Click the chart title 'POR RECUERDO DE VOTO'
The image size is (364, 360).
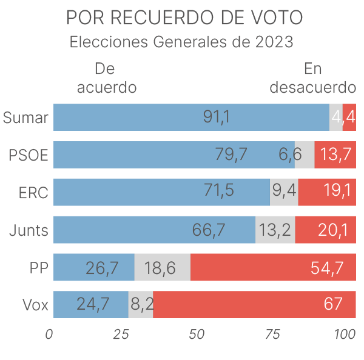pos(183,18)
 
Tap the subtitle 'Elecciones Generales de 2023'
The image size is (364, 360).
pos(182,43)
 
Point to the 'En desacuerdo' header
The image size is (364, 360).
pos(312,78)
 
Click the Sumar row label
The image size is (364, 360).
pos(25,118)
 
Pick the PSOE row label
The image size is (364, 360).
pos(29,155)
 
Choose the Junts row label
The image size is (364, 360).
pos(29,230)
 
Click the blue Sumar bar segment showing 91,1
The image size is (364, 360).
pos(191,118)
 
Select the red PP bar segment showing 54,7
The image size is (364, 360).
pos(273,267)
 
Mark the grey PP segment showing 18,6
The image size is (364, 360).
pos(162,267)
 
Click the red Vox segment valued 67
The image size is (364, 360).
pos(255,304)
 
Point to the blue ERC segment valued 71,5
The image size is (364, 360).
pos(161,192)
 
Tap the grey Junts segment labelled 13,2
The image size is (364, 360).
pos(275,230)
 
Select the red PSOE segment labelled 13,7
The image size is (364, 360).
pos(335,155)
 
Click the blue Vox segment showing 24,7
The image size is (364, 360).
pos(91,304)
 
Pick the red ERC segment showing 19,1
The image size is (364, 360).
pos(327,192)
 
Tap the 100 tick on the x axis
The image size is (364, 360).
pos(345,334)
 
